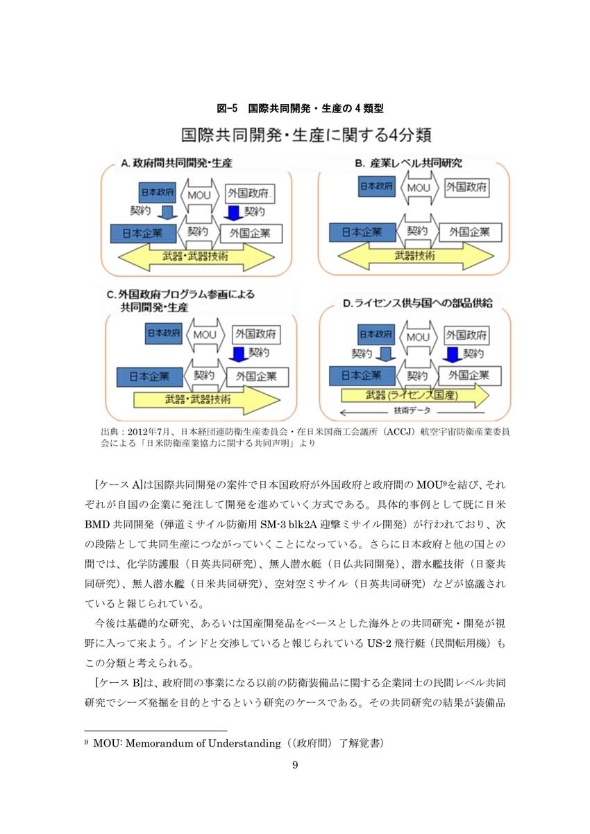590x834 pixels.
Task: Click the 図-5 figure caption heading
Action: (x=300, y=108)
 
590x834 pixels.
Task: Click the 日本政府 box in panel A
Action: (x=158, y=193)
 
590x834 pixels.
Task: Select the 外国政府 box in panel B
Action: (x=467, y=187)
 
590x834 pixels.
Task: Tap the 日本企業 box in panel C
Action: (x=149, y=376)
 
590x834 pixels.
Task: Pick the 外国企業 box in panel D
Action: (x=469, y=375)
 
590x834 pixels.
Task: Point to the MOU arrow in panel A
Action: (x=199, y=195)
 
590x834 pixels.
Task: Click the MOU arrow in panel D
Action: (x=418, y=338)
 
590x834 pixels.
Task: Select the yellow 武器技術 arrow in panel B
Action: (x=416, y=256)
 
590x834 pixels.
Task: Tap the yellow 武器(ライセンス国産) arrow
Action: (x=415, y=394)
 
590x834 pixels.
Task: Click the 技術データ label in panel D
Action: (x=412, y=410)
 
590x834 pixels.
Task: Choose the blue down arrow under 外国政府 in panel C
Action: (x=238, y=355)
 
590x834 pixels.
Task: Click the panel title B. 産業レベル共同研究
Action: (x=409, y=163)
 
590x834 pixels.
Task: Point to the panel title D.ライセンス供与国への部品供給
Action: (x=418, y=303)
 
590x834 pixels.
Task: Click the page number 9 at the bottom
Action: (x=295, y=765)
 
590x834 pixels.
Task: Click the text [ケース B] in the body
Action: (x=119, y=682)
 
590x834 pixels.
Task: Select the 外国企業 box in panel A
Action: (x=251, y=234)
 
